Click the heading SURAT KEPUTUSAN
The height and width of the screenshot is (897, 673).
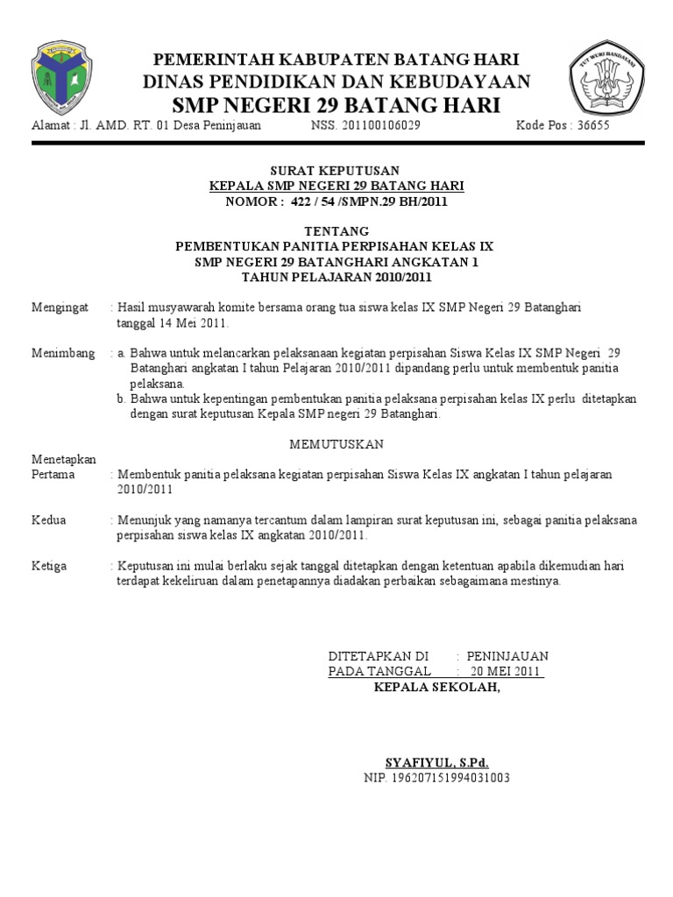pos(336,170)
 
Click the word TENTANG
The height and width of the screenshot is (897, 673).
pos(336,231)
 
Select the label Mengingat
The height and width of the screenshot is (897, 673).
pos(60,307)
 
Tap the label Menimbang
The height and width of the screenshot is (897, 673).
pos(63,353)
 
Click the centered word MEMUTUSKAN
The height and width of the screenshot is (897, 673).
pos(336,444)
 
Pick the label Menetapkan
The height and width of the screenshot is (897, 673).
pos(64,459)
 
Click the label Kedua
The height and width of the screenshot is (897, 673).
pos(49,520)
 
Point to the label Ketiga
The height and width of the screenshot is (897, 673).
pos(49,566)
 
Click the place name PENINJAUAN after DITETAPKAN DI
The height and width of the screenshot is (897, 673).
pos(507,656)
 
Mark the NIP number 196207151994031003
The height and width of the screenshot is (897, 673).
pos(437,778)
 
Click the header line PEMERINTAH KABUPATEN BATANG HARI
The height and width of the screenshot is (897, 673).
pos(336,60)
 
